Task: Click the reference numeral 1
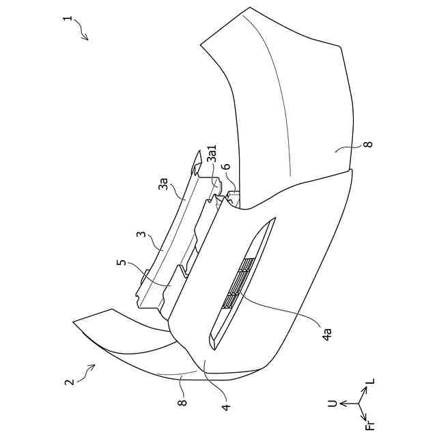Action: coord(67,20)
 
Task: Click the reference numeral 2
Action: coord(69,382)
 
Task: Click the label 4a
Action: coord(327,334)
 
